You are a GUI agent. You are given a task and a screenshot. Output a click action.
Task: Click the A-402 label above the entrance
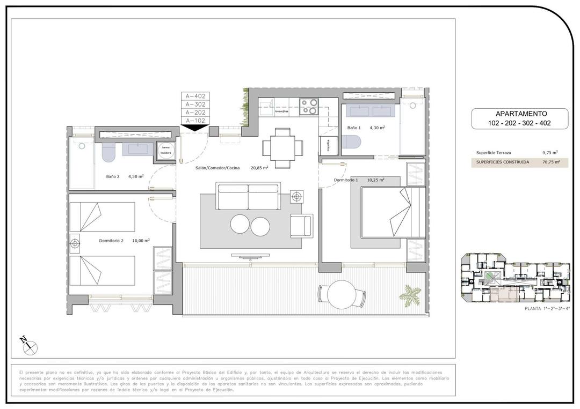(195, 96)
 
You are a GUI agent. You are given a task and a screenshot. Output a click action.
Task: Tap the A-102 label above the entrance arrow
(195, 121)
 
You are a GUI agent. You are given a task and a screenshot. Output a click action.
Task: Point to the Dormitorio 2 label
(111, 241)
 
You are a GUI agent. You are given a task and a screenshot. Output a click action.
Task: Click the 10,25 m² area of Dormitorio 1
(375, 180)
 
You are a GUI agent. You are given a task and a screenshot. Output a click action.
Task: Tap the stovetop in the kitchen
(309, 107)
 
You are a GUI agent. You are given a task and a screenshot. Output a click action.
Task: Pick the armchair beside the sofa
(301, 225)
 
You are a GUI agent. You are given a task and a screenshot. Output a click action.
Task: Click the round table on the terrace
(343, 295)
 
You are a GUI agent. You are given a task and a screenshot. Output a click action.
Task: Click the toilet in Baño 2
(108, 152)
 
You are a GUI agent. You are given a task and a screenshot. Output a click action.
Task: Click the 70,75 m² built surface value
(551, 162)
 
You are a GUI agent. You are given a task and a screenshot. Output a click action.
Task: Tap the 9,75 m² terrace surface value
(551, 152)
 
